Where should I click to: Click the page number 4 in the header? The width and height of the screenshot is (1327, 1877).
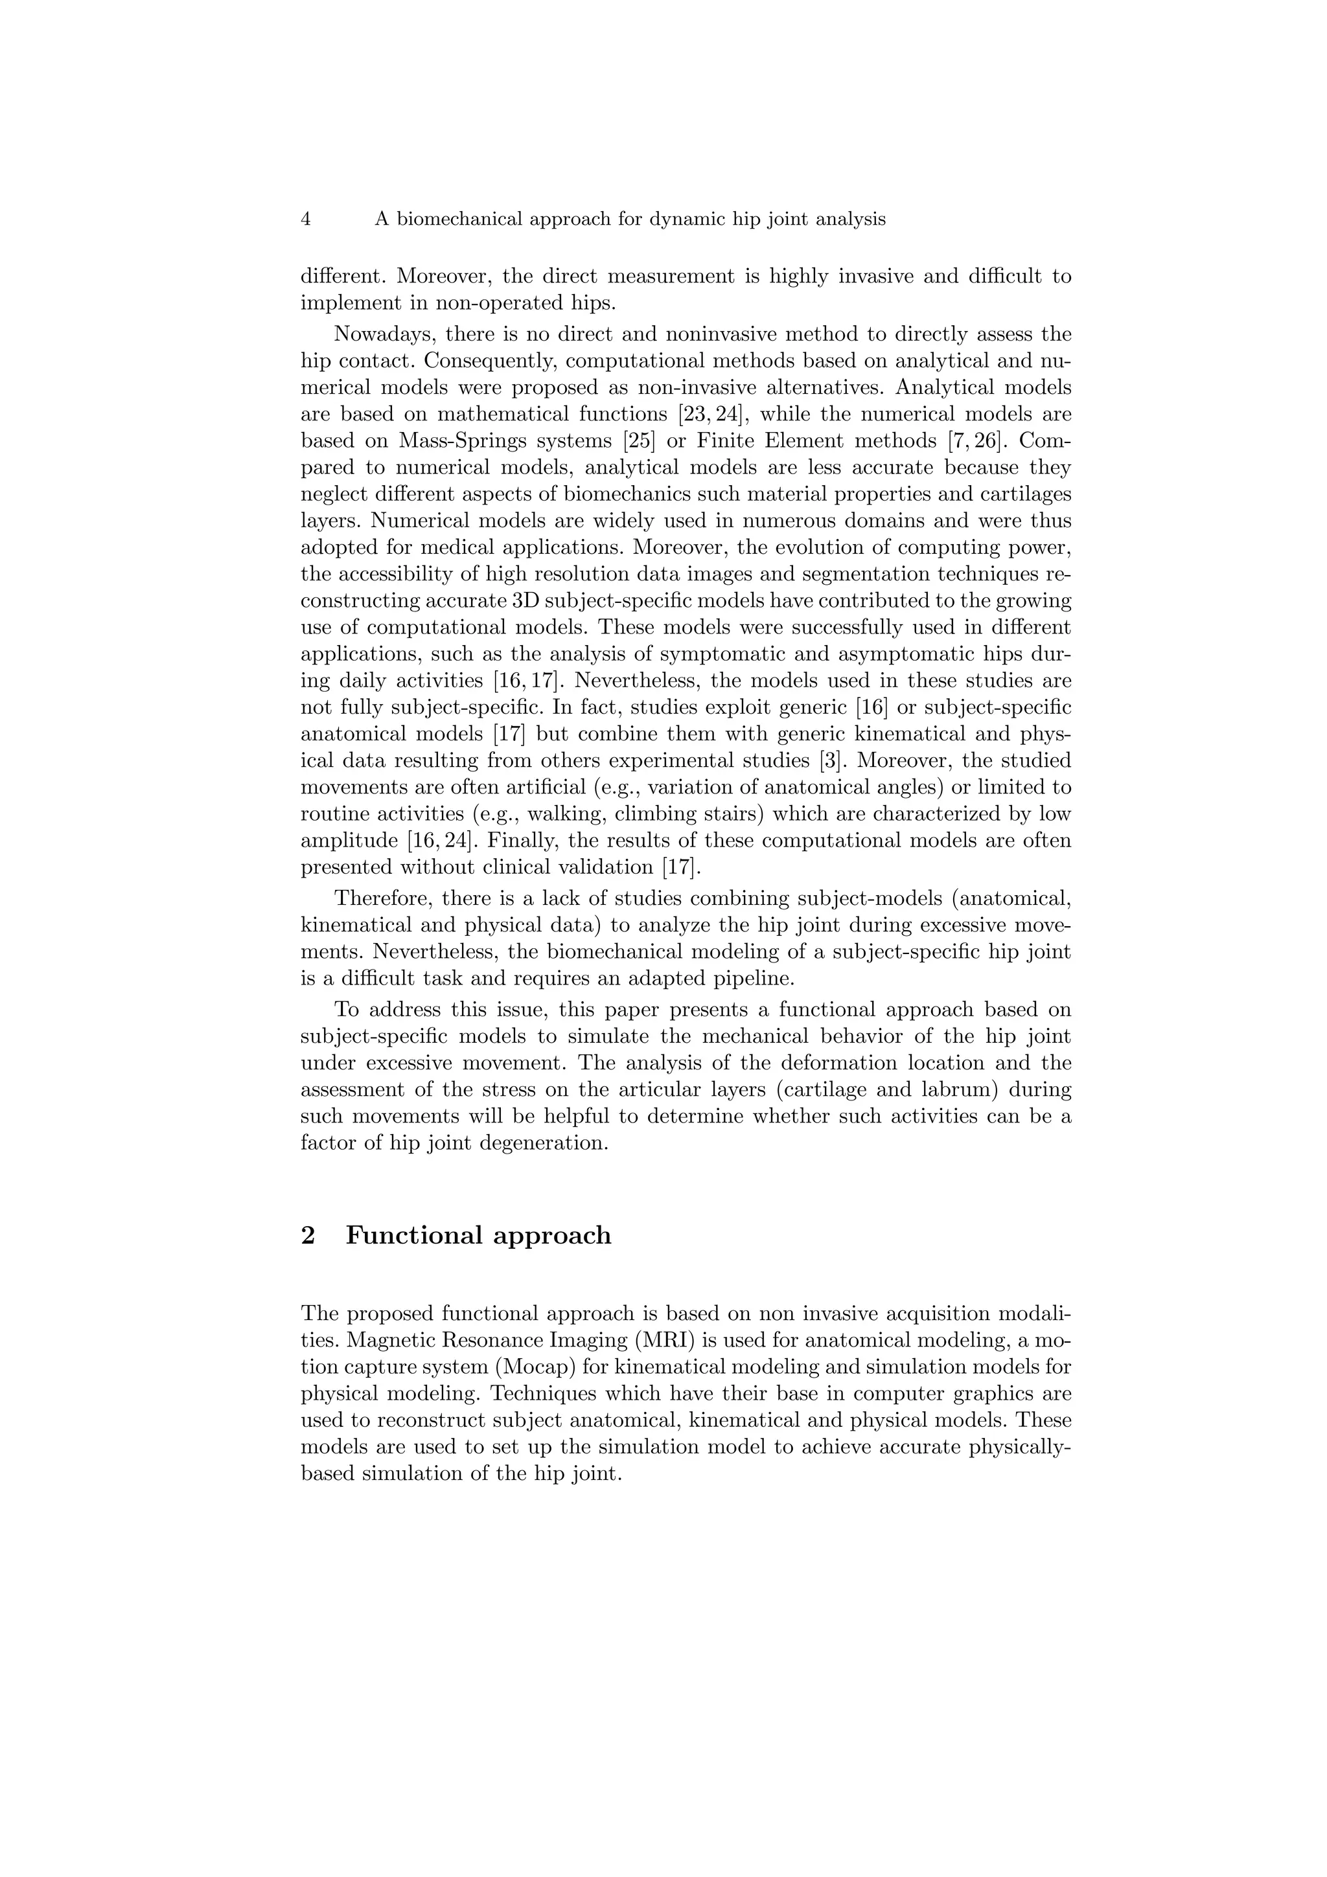coord(306,219)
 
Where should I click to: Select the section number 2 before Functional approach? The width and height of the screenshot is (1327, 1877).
coord(308,1234)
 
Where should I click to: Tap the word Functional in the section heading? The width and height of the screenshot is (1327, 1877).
coord(415,1234)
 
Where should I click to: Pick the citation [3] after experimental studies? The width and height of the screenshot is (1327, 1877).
coord(831,760)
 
